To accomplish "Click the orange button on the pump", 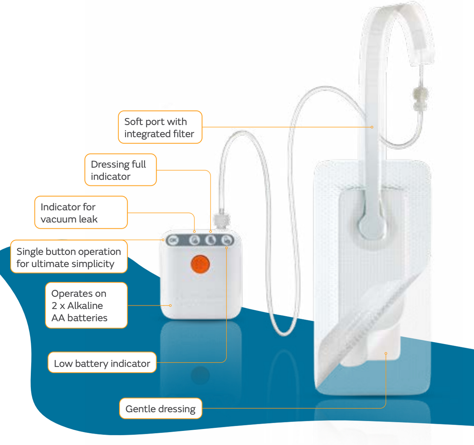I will point(200,264).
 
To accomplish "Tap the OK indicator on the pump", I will point(173,240).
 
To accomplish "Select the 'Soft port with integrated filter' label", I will point(160,127).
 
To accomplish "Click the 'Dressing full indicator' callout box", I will point(120,170).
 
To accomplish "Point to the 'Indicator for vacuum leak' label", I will point(81,212).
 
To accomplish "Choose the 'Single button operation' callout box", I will point(69,257).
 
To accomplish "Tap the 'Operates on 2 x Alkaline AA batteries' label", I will point(86,305).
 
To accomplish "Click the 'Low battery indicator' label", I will point(102,363).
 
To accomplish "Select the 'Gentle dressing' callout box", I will point(160,408).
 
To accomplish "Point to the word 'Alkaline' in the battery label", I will point(85,305).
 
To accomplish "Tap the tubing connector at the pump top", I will point(222,220).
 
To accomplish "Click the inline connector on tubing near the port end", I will point(421,99).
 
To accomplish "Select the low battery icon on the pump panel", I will point(227,240).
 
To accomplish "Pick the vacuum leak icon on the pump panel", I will point(194,240).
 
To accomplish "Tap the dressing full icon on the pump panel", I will point(211,240).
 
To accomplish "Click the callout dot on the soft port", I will point(372,127).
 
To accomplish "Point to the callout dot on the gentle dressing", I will point(386,353).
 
